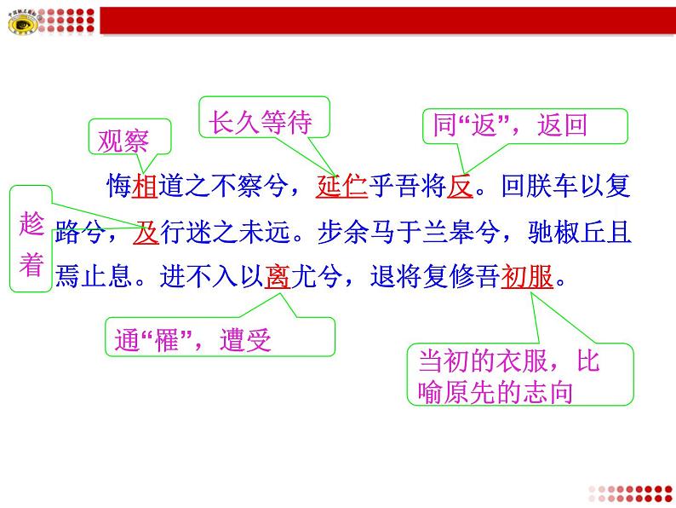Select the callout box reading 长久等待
255,122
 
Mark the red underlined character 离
277,277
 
